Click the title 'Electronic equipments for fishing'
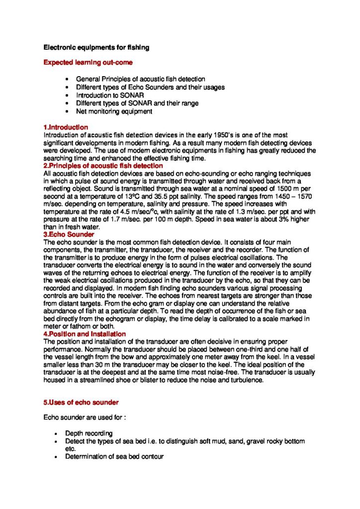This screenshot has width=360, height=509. point(96,48)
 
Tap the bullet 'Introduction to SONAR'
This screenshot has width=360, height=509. point(106,95)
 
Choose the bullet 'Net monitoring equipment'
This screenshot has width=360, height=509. point(114,111)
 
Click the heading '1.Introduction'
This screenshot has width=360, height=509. point(66,128)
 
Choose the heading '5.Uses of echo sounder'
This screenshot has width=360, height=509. point(81,402)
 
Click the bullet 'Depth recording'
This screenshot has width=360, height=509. point(89,433)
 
